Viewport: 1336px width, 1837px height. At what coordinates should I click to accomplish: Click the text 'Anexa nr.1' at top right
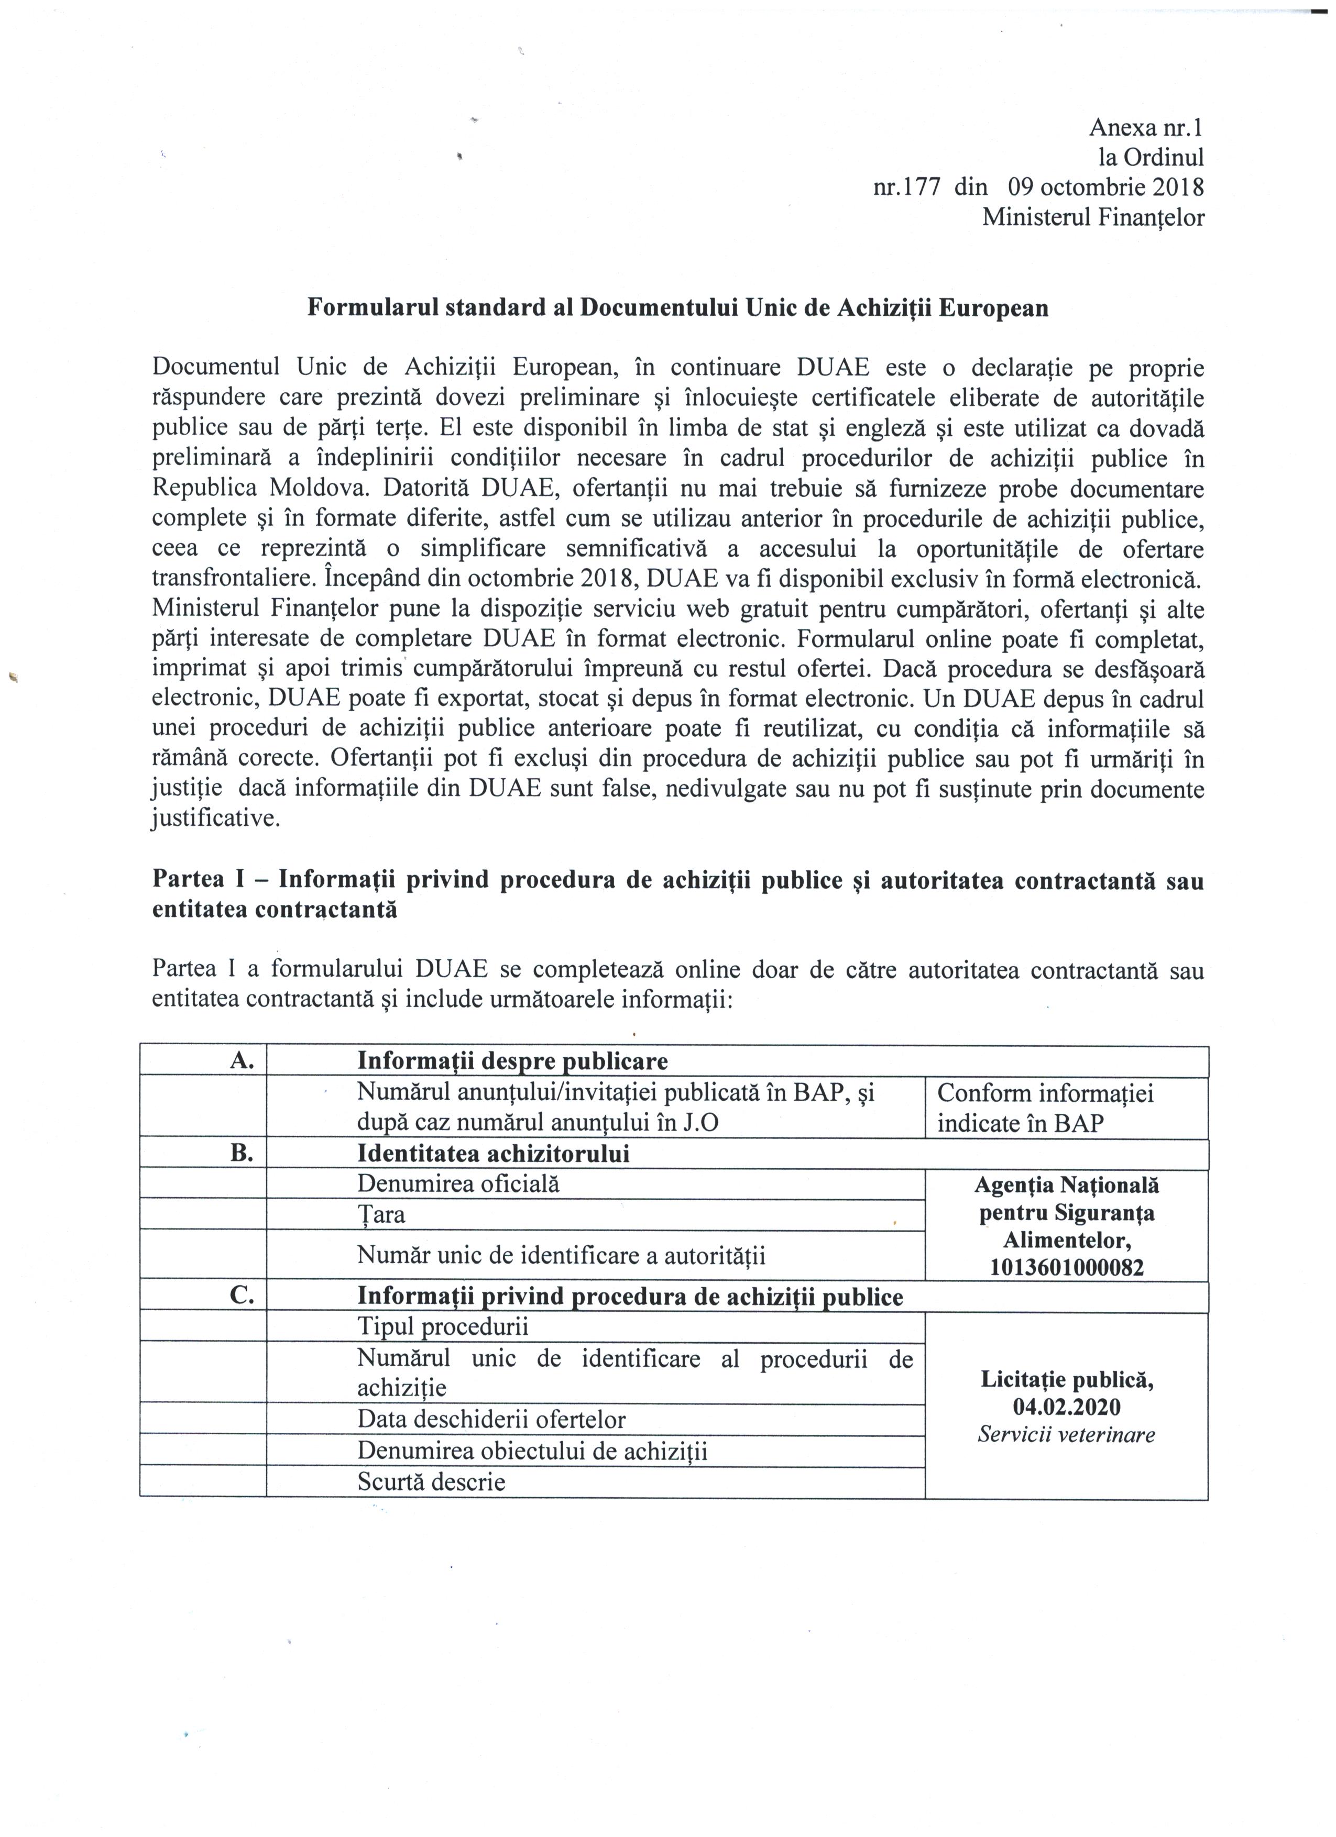(x=1146, y=127)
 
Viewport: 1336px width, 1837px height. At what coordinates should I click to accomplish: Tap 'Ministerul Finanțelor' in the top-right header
(x=1093, y=218)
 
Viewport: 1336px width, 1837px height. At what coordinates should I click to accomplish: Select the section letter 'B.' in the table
(x=242, y=1154)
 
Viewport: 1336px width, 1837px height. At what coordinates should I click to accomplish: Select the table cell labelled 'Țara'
(x=381, y=1215)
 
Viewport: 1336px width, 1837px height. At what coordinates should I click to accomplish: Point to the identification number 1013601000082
(x=1066, y=1268)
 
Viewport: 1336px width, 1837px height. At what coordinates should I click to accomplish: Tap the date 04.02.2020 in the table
(x=1066, y=1407)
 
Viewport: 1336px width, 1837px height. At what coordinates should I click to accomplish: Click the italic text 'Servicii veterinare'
(x=1066, y=1434)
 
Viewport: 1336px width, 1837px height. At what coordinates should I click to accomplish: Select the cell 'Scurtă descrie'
(x=431, y=1482)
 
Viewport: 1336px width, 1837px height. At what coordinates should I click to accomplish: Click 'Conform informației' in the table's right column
(x=1045, y=1093)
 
